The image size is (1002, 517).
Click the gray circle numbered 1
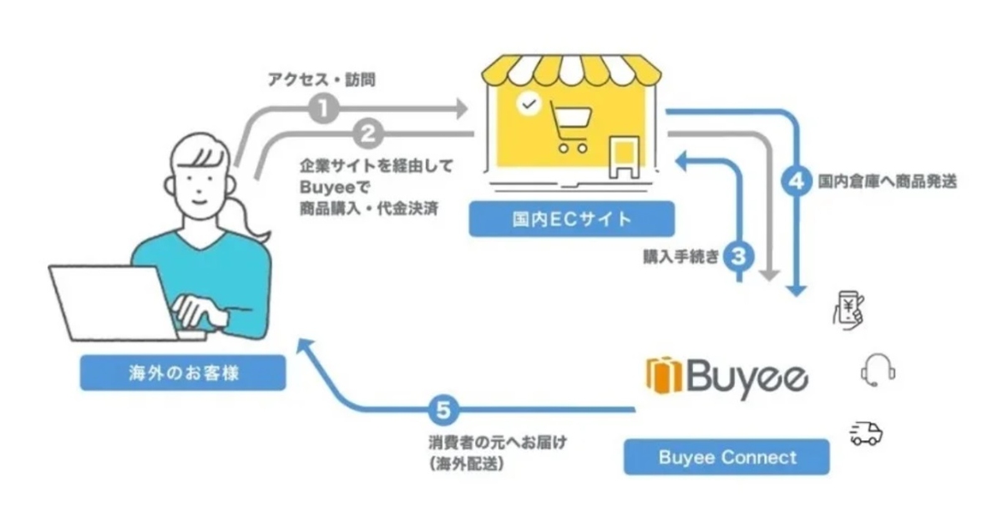324,108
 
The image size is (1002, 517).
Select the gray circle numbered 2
368,134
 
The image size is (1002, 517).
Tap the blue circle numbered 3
738,256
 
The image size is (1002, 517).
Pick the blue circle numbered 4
797,181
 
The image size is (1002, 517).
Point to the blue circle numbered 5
443,409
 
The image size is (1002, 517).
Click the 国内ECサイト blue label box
572,219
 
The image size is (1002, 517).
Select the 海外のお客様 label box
183,373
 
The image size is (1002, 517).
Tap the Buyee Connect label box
727,457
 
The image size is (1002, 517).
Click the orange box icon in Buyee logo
665,376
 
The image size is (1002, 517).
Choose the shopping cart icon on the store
570,127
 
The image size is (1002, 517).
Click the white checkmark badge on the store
529,104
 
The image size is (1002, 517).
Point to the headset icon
878,370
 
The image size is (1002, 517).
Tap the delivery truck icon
866,433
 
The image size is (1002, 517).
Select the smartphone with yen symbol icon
848,310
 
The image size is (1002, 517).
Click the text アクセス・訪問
321,79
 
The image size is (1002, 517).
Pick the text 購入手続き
681,256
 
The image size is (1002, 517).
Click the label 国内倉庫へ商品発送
888,181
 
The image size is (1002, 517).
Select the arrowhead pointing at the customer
306,346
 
